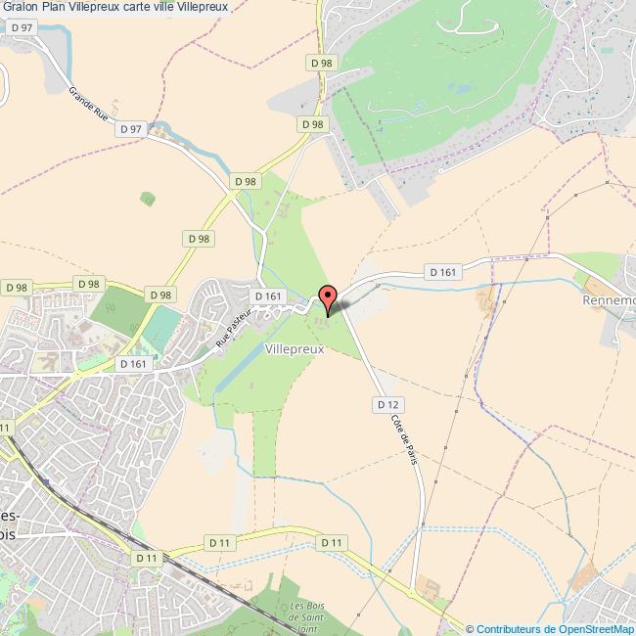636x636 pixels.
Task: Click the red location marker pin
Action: point(328,297)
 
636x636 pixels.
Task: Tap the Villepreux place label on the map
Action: point(294,347)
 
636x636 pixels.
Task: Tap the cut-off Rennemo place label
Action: point(609,300)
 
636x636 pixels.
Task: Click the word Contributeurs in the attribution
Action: point(508,629)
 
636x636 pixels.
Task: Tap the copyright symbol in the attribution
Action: point(470,629)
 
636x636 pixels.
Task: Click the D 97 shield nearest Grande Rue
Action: point(129,129)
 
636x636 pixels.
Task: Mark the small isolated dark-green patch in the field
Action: point(147,199)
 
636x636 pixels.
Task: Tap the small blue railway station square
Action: point(45,482)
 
